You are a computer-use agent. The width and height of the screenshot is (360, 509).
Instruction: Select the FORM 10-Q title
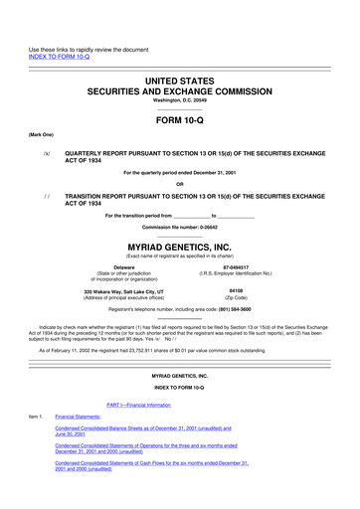(180, 119)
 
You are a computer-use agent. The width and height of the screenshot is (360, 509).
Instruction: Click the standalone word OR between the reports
(180, 183)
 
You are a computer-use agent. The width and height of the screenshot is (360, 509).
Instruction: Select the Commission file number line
(180, 227)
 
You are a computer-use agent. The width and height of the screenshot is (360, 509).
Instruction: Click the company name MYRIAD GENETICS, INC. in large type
(180, 244)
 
